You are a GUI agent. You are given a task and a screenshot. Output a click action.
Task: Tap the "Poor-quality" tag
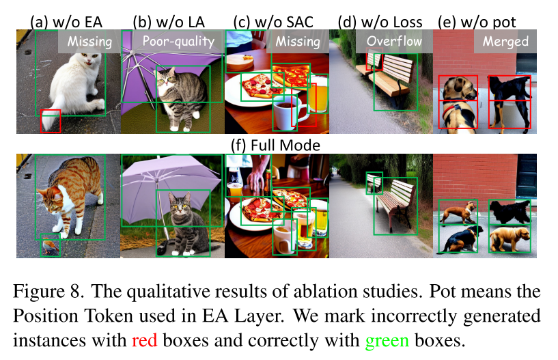pos(178,41)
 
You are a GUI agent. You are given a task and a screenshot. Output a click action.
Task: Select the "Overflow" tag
pos(394,41)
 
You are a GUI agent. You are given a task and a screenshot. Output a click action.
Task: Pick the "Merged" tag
pos(505,41)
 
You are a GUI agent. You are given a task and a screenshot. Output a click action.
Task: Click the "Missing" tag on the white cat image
pos(89,41)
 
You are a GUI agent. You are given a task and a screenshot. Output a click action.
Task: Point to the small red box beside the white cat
pos(51,121)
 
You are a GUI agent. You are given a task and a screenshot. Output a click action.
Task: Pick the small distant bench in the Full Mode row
pos(374,182)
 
